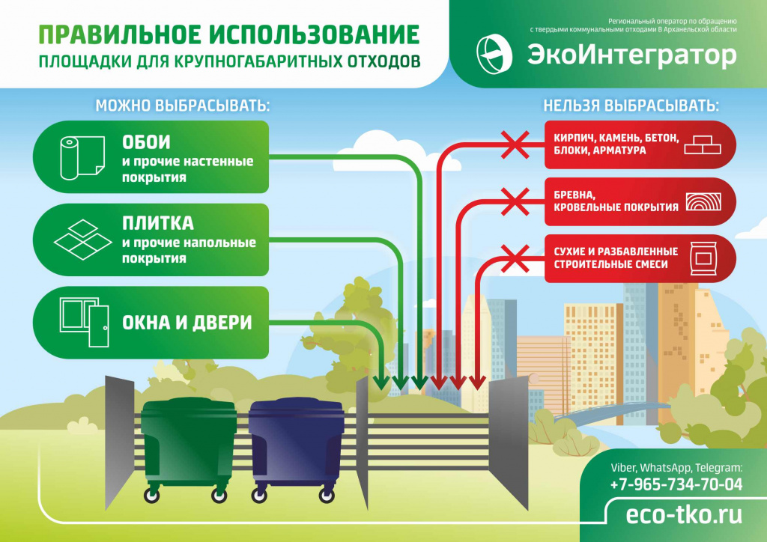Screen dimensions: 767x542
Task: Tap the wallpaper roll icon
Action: pyautogui.click(x=82, y=157)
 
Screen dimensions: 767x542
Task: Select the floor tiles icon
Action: pyautogui.click(x=82, y=240)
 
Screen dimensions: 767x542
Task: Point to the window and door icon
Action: pyautogui.click(x=84, y=322)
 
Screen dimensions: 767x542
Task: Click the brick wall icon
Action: pyautogui.click(x=703, y=144)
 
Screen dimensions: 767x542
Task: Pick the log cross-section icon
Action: pyautogui.click(x=703, y=201)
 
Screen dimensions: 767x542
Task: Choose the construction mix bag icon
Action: pyautogui.click(x=703, y=258)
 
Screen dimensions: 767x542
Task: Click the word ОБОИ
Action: pyautogui.click(x=146, y=142)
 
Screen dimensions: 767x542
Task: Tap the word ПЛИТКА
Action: pyautogui.click(x=158, y=223)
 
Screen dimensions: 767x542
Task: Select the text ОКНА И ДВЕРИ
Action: pyautogui.click(x=187, y=323)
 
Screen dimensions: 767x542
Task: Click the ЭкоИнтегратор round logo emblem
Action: pyautogui.click(x=494, y=54)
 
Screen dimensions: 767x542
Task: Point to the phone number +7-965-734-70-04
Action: pyautogui.click(x=676, y=484)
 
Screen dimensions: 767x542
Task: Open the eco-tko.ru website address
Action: pyautogui.click(x=684, y=514)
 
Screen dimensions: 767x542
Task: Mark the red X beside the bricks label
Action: pyautogui.click(x=515, y=144)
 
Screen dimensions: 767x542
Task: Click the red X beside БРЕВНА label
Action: pyautogui.click(x=515, y=201)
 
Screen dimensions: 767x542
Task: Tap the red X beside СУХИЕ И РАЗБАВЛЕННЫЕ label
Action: pyautogui.click(x=515, y=258)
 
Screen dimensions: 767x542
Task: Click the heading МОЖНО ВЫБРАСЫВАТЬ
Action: pyautogui.click(x=183, y=106)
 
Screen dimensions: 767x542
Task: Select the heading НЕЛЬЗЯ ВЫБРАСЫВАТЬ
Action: pyautogui.click(x=631, y=106)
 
